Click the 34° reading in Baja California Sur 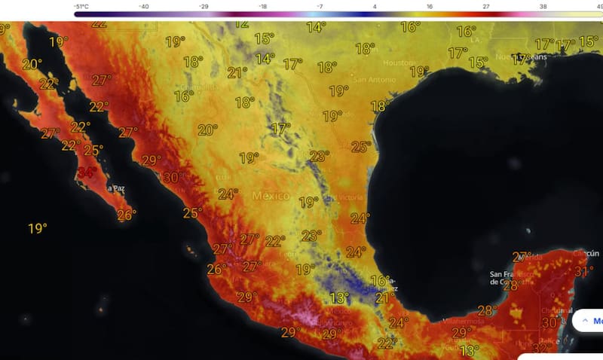point(87,172)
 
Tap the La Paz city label point(115,188)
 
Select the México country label point(271,196)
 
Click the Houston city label point(399,63)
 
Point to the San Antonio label point(370,79)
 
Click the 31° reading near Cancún point(584,271)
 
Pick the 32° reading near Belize point(539,349)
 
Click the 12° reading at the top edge point(241,23)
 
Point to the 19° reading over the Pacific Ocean point(38,228)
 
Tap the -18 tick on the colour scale point(263,6)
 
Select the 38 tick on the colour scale point(542,6)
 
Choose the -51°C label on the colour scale point(84,6)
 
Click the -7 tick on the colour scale point(320,6)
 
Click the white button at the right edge point(587,320)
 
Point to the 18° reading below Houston point(379,107)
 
